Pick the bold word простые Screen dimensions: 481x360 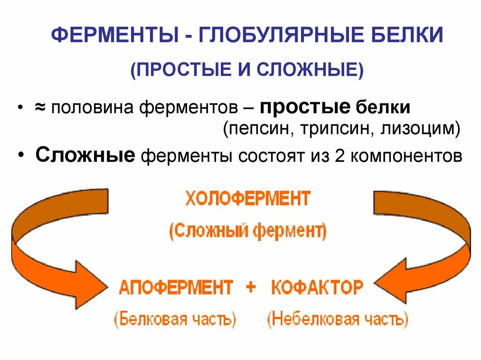(305, 107)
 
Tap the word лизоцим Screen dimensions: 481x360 (419, 129)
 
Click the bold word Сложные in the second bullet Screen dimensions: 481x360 (85, 155)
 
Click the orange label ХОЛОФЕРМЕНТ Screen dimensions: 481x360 (248, 199)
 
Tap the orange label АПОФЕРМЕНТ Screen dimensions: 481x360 (176, 287)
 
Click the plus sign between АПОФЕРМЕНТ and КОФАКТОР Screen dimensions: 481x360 (251, 287)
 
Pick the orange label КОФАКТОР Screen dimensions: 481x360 (317, 287)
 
